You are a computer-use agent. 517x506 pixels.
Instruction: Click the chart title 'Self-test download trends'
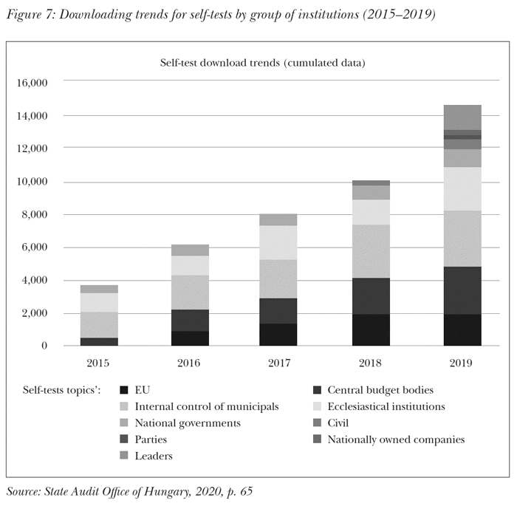(x=262, y=63)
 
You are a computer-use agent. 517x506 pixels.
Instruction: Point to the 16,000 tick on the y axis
(x=31, y=83)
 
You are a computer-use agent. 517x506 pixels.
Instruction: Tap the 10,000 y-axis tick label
(x=31, y=182)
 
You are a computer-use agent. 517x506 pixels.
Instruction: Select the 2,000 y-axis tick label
(x=34, y=313)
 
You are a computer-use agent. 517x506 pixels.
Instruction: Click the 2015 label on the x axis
(x=98, y=363)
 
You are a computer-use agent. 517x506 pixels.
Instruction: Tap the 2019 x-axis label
(x=462, y=363)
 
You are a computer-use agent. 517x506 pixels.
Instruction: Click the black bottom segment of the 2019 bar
(x=462, y=330)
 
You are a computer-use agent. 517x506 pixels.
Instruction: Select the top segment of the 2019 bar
(x=462, y=117)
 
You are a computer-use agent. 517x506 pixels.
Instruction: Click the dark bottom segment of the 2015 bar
(x=99, y=341)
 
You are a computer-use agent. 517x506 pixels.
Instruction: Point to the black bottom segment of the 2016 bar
(x=190, y=338)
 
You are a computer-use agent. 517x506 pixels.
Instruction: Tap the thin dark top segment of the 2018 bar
(x=372, y=182)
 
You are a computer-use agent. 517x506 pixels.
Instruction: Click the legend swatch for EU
(x=124, y=390)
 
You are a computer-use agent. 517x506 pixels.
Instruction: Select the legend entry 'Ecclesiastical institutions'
(x=386, y=406)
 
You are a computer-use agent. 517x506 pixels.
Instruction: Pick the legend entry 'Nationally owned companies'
(x=395, y=440)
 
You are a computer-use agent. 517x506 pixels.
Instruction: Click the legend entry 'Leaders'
(x=153, y=456)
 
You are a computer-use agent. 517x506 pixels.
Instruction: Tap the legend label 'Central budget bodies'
(x=380, y=390)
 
